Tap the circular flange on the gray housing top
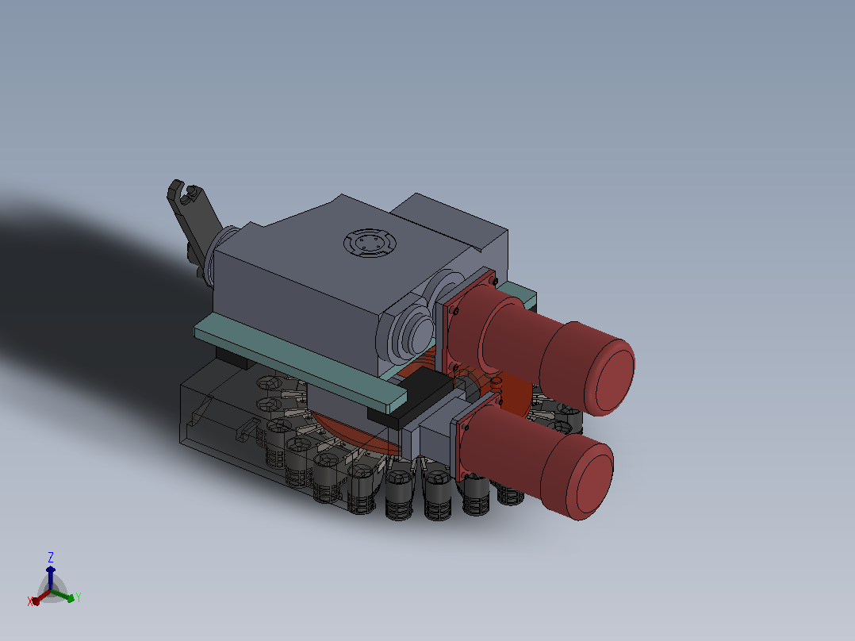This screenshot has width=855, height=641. click(x=370, y=244)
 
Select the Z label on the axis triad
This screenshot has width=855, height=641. click(x=51, y=557)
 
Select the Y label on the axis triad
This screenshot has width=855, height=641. click(x=79, y=597)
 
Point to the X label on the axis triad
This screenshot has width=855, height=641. click(x=30, y=601)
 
